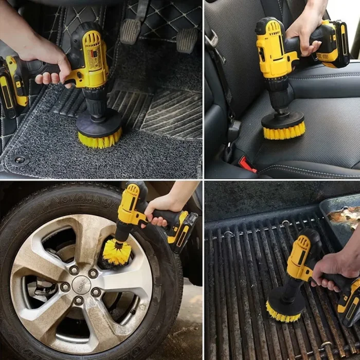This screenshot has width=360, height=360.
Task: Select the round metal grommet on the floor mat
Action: pos(20,160)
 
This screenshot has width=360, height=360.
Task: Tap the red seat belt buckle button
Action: pos(247,164)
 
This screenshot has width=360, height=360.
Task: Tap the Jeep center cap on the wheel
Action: pos(81,284)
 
